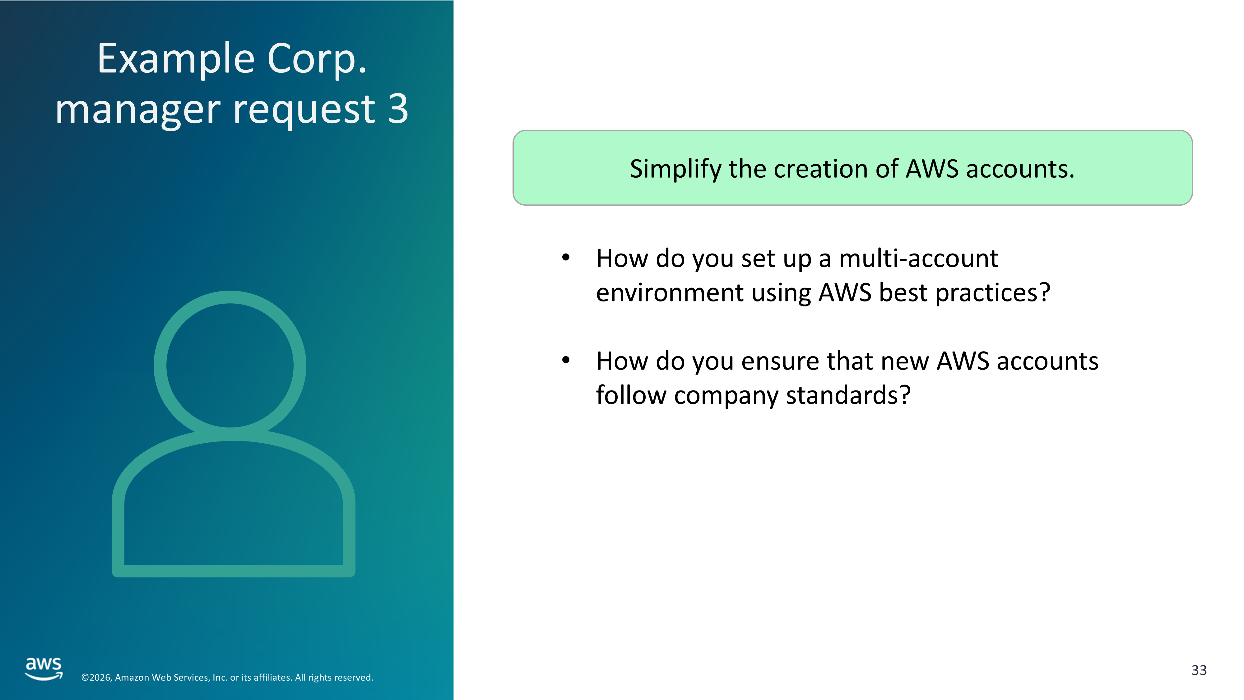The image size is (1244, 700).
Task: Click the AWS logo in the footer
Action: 44,669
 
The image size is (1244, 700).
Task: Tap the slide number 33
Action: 1199,670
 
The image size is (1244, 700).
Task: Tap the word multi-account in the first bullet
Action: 918,259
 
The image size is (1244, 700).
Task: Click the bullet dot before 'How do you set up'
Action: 566,258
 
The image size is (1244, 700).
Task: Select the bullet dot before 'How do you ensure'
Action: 566,360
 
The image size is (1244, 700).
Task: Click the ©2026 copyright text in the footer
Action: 227,677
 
